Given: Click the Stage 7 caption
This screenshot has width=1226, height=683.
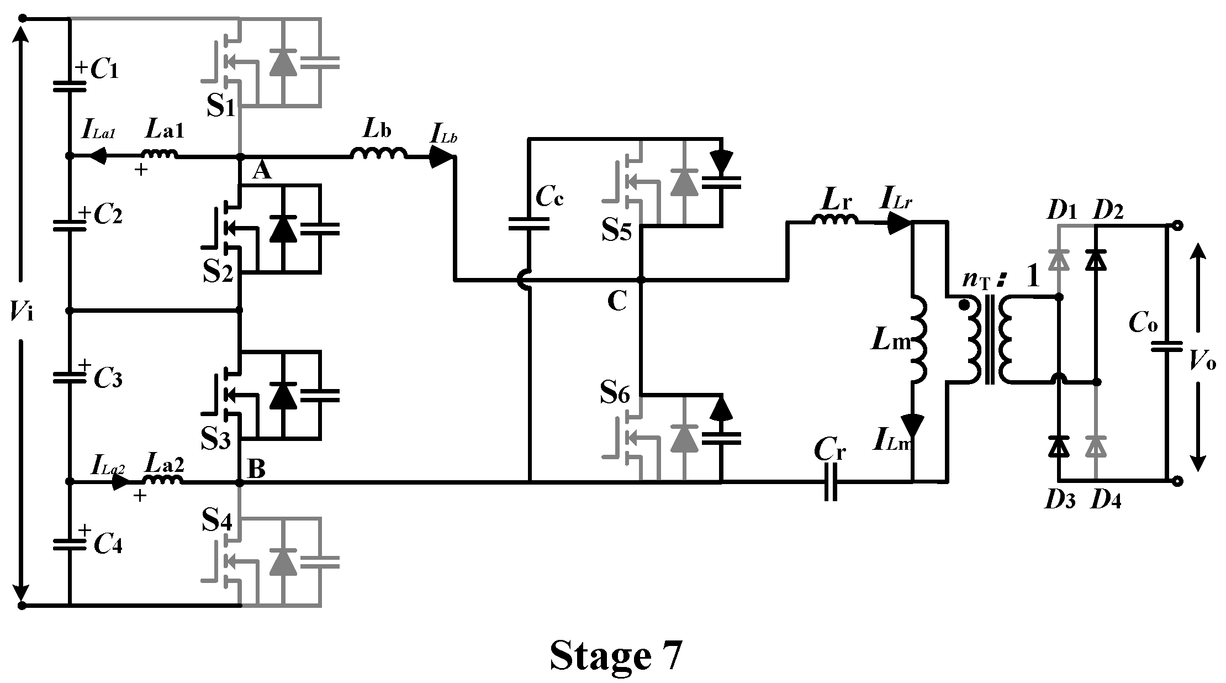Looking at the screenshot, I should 616,656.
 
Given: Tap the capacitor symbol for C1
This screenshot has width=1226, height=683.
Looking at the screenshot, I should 70,86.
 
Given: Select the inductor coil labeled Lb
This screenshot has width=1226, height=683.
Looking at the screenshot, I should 379,154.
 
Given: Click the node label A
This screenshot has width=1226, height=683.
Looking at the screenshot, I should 262,172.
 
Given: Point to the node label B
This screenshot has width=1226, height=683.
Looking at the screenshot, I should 257,469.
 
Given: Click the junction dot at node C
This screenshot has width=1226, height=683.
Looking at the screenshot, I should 641,280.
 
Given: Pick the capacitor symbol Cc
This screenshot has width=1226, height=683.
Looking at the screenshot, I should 529,223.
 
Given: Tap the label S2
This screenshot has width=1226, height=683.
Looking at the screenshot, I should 218,271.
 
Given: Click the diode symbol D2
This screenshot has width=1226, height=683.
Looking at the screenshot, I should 1096,260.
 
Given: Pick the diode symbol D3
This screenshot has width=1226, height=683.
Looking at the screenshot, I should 1059,445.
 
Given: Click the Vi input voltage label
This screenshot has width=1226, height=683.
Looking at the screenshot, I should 21,313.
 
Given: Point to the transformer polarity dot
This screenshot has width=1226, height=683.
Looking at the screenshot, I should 964,304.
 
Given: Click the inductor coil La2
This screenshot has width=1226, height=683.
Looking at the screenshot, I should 162,480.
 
